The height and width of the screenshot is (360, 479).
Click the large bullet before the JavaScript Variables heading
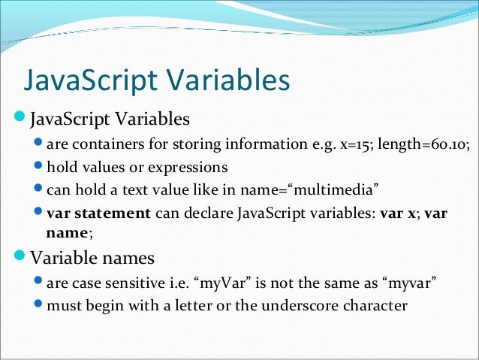pos(8,118)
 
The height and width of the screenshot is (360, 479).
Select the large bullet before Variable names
pos(8,258)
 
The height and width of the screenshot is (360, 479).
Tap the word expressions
pos(189,167)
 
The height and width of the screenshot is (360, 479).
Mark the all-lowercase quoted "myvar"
pos(409,284)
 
